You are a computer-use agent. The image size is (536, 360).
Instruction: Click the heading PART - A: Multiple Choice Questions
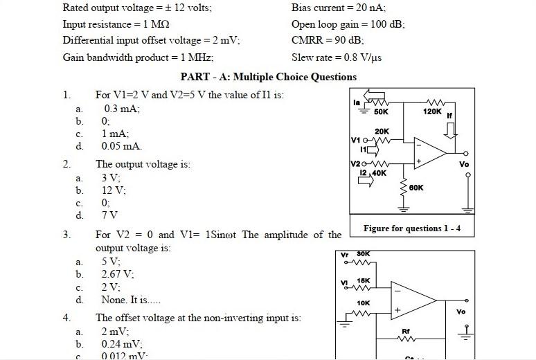click(x=268, y=77)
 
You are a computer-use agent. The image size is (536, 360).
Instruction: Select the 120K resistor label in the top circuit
click(x=432, y=111)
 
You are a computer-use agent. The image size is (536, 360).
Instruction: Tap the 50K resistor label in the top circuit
click(x=381, y=111)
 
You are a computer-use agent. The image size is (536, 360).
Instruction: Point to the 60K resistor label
click(x=416, y=188)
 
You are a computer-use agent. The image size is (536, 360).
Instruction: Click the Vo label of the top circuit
click(x=464, y=164)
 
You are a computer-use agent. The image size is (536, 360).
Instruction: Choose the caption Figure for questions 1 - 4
click(x=412, y=228)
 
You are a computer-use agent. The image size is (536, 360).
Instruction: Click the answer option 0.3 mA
click(x=122, y=109)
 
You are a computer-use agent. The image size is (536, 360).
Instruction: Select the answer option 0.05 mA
click(x=121, y=146)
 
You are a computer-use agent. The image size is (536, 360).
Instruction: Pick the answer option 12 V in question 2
click(x=114, y=190)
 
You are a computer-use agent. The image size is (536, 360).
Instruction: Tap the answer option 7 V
click(x=111, y=215)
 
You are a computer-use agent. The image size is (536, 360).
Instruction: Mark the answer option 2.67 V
click(x=118, y=275)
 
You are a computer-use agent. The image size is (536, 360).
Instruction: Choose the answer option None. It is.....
click(x=131, y=300)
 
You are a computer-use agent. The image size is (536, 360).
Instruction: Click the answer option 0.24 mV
click(x=121, y=343)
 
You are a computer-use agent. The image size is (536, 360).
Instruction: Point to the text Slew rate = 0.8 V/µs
click(x=337, y=57)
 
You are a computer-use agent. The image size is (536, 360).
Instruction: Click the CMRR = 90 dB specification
click(x=328, y=40)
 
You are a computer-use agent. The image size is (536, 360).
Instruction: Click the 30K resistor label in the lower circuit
click(x=364, y=254)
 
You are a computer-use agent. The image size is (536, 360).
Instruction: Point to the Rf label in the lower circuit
click(x=407, y=332)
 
